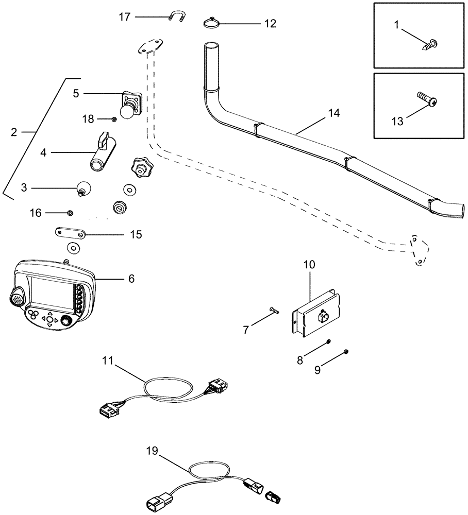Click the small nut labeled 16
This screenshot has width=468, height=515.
point(71,212)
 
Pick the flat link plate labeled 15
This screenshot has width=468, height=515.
point(71,234)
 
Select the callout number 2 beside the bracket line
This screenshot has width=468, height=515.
point(14,132)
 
